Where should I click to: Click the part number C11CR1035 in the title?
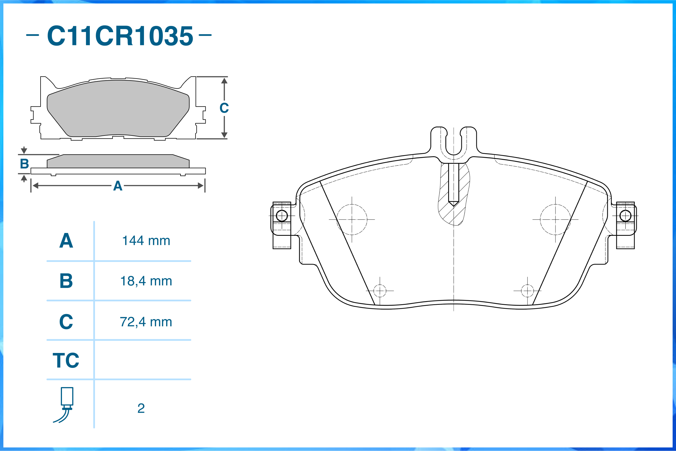pyautogui.click(x=120, y=36)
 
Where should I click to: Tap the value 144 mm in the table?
pyautogui.click(x=146, y=241)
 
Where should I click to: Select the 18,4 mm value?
pyautogui.click(x=146, y=281)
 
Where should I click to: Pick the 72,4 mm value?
pyautogui.click(x=146, y=322)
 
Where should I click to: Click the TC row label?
pyautogui.click(x=66, y=360)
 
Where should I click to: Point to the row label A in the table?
pyautogui.click(x=66, y=241)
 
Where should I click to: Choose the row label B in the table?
pyautogui.click(x=66, y=281)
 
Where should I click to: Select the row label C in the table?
pyautogui.click(x=66, y=322)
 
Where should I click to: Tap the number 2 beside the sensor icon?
pyautogui.click(x=141, y=408)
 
